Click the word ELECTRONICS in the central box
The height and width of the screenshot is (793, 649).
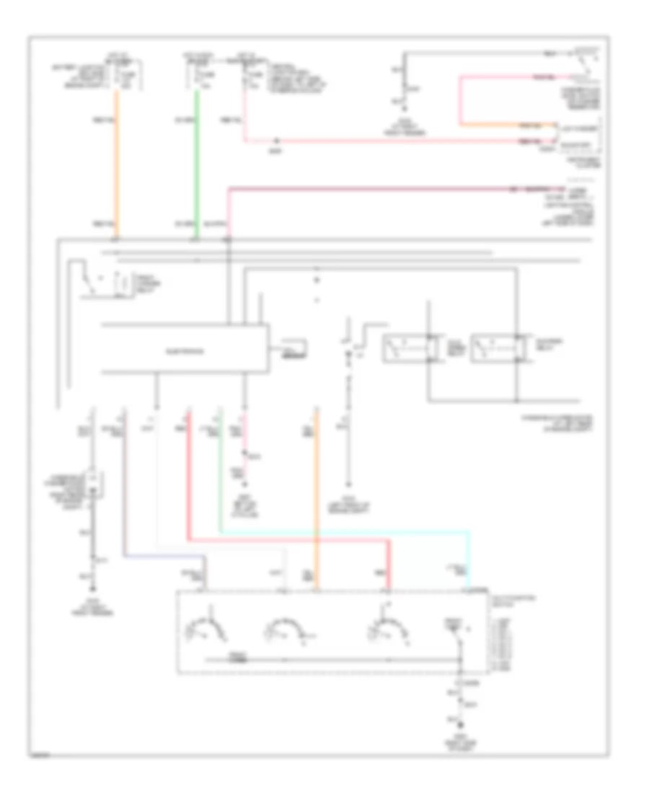(x=184, y=352)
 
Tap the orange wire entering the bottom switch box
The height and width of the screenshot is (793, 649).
(x=316, y=505)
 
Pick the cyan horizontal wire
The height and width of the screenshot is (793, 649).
(x=346, y=531)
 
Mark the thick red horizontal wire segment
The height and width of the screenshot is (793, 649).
(x=288, y=539)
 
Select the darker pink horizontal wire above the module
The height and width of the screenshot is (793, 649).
(x=368, y=189)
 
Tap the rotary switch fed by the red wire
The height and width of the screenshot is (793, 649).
(x=387, y=627)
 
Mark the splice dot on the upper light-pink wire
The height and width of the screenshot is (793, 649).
(x=276, y=141)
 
